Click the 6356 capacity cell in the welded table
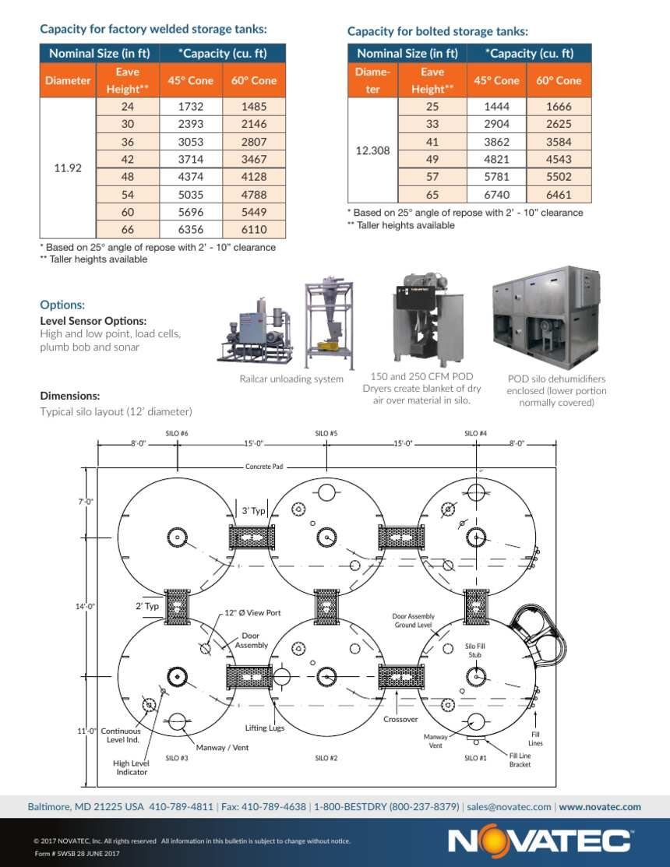click(191, 230)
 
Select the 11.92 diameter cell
click(68, 168)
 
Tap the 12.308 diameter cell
click(372, 150)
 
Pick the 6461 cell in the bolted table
click(559, 195)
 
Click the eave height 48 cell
click(128, 177)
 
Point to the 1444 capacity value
click(496, 107)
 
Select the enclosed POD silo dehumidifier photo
click(546, 318)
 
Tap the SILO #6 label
click(177, 433)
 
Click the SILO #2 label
click(326, 758)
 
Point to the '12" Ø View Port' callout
click(252, 612)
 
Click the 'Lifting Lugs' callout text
click(265, 728)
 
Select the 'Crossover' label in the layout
click(400, 719)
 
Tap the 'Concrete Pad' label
click(264, 467)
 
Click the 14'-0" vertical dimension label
click(85, 607)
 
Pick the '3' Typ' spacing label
click(254, 511)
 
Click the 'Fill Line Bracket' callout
click(520, 760)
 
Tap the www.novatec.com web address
click(600, 807)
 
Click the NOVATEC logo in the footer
click(539, 841)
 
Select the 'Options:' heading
click(62, 305)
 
